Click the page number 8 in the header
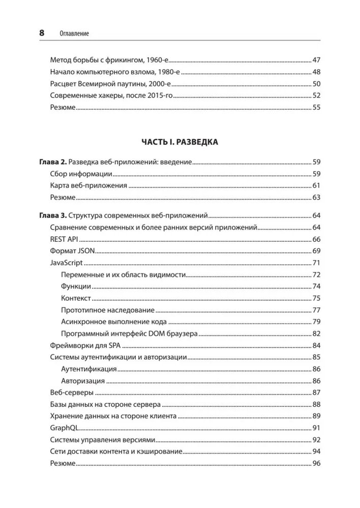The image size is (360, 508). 42,33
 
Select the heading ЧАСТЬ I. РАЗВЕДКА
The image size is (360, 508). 180,142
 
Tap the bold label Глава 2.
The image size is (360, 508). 52,163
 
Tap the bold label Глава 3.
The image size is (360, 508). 52,215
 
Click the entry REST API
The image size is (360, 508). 64,239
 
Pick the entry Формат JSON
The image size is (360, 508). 73,251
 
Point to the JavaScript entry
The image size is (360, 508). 67,263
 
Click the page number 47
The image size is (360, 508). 316,59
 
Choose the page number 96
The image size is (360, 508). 316,463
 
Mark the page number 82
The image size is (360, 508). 316,334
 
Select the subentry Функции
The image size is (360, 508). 76,287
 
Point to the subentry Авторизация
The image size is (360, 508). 83,380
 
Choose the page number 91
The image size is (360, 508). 316,428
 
